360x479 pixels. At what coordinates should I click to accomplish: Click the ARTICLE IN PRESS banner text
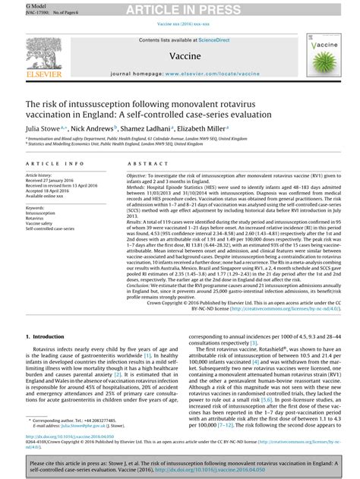coord(180,9)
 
